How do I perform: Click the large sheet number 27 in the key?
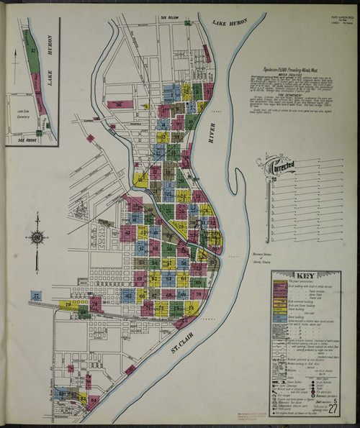click(x=332, y=409)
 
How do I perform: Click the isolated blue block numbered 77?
click(x=37, y=296)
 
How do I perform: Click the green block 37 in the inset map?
click(x=34, y=53)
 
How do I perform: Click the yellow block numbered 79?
click(x=70, y=304)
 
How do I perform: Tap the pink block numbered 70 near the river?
click(x=198, y=294)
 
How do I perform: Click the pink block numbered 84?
click(x=92, y=399)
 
